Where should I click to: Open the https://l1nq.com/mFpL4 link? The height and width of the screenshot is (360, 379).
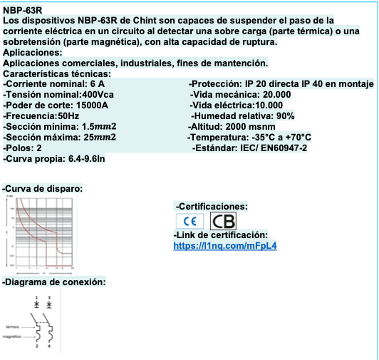pyautogui.click(x=225, y=246)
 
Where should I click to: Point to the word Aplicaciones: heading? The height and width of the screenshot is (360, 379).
pyautogui.click(x=33, y=53)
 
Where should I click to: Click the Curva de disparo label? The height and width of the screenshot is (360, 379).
pyautogui.click(x=43, y=188)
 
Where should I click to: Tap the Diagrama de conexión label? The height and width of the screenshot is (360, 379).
pyautogui.click(x=54, y=282)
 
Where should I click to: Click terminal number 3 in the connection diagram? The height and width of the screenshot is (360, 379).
pyautogui.click(x=48, y=297)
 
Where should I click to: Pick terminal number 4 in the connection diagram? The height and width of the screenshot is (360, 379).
pyautogui.click(x=48, y=346)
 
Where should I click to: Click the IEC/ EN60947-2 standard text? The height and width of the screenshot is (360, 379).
pyautogui.click(x=274, y=148)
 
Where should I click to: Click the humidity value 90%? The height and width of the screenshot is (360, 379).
pyautogui.click(x=285, y=115)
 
